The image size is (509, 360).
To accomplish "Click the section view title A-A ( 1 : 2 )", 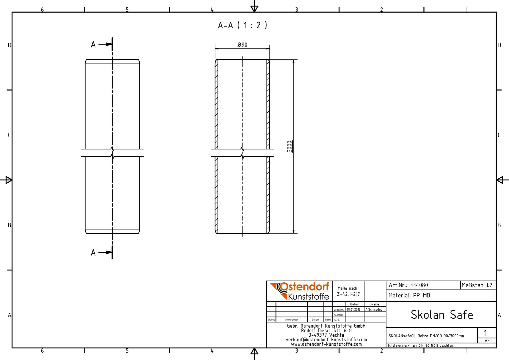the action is [x=243, y=25].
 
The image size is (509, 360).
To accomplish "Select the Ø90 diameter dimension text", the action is [x=243, y=45].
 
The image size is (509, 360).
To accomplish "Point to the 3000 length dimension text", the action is [x=289, y=146].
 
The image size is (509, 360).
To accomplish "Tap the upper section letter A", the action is [x=93, y=44].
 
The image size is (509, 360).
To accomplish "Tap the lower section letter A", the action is [x=93, y=252].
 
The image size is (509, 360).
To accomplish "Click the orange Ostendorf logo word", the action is [x=304, y=287].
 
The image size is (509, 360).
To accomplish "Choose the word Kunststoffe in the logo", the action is [x=308, y=296].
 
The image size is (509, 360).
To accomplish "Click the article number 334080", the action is [x=419, y=285].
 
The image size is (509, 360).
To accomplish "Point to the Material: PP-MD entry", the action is [x=409, y=295].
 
